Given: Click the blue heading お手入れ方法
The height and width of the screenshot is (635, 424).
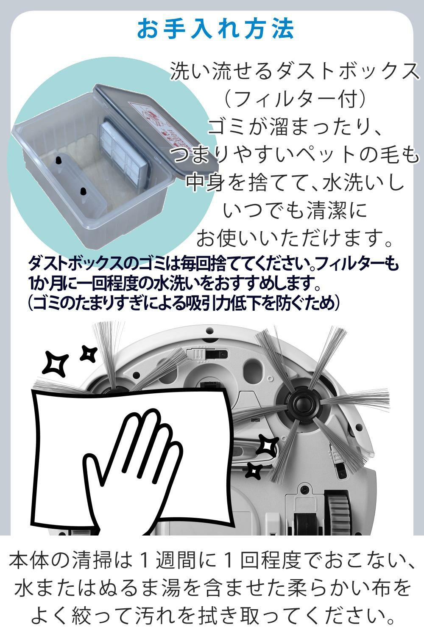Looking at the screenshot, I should click(x=215, y=29).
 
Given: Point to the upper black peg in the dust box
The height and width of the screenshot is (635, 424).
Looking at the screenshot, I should click(x=59, y=160).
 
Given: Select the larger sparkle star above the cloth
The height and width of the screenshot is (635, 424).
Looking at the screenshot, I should click(x=57, y=363).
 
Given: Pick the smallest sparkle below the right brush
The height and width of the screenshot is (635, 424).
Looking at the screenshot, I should click(x=254, y=469).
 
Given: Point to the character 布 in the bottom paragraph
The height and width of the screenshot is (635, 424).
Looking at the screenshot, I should click(x=378, y=589).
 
